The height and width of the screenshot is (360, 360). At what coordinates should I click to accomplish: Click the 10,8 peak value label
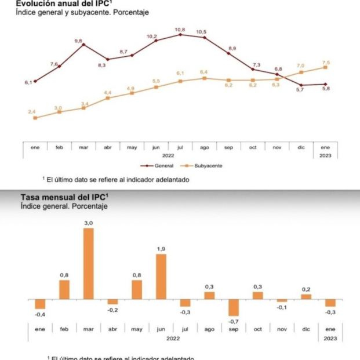[x=180, y=29]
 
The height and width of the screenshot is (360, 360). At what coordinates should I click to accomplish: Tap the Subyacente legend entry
[x=206, y=166]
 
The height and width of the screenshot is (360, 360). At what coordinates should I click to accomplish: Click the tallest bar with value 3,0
[x=88, y=264]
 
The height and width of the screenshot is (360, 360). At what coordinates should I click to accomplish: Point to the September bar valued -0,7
[x=234, y=307]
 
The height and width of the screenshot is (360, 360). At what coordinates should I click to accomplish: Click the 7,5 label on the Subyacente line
[x=326, y=62]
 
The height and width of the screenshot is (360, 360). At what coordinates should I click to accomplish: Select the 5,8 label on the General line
[x=326, y=89]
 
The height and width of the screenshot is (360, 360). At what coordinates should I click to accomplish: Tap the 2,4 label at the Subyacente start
[x=32, y=111]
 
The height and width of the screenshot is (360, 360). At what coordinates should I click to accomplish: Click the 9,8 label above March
[x=79, y=41]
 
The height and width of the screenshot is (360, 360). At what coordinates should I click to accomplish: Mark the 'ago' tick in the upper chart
[x=203, y=148]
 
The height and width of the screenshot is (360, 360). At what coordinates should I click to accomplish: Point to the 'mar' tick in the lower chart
[x=88, y=329]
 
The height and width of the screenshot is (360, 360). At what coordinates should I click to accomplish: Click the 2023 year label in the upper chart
[x=326, y=156]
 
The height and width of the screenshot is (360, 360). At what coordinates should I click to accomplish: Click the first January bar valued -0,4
[x=40, y=304]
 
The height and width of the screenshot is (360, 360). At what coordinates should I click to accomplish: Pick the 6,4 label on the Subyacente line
[x=203, y=72]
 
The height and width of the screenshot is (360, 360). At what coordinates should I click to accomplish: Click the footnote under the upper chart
[x=116, y=180]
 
